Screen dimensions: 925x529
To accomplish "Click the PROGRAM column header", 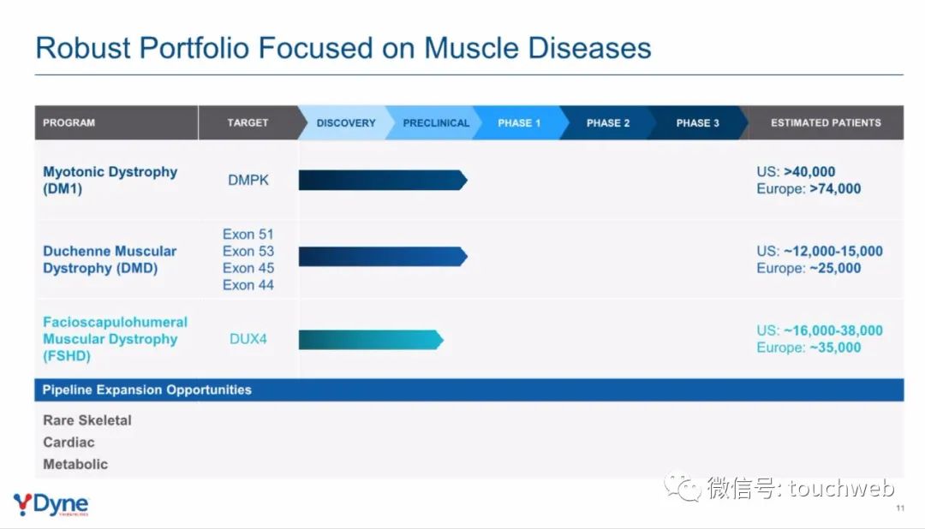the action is pos(69,122).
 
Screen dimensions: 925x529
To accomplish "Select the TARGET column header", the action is pos(248,122).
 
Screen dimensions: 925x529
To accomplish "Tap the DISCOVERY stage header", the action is pos(346,122).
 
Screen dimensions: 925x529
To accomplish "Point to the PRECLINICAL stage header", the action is pos(436,122).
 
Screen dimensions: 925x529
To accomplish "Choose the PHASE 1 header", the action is pos(519,122).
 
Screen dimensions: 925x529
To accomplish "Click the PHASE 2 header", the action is pos(608,122).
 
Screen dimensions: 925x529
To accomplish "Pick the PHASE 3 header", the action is pos(698,122).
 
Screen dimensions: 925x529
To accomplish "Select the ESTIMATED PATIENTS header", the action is pos(826,122).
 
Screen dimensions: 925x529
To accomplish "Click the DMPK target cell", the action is pos(248,180).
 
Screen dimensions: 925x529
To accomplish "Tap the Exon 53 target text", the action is pos(248,251).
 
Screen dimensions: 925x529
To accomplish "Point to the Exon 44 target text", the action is pos(248,285).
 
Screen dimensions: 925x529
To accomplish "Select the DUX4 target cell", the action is pos(248,339).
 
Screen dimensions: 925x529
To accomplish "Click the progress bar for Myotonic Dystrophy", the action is pos(383,180).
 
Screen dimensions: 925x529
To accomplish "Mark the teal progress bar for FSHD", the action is pos(371,340).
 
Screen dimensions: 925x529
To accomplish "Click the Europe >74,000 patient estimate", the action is pos(809,188).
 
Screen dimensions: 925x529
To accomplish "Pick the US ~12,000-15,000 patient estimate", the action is pos(820,251).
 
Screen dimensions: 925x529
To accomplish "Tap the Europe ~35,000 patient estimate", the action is pos(809,348).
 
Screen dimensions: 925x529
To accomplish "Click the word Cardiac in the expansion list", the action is pos(69,443).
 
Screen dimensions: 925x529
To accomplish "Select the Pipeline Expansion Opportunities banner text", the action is pos(147,389).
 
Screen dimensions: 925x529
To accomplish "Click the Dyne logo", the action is pos(51,505).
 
